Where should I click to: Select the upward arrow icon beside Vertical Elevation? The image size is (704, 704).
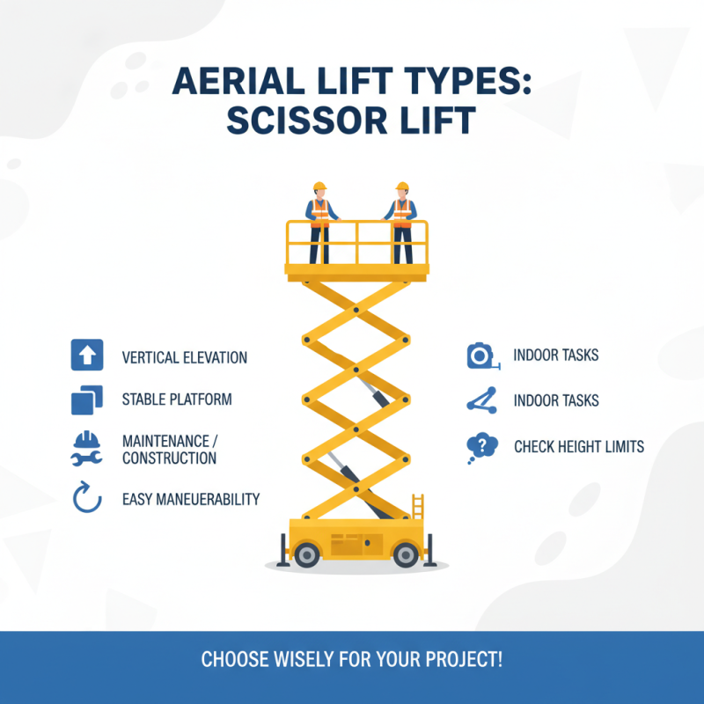86,355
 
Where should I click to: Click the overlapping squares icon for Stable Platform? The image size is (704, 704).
86,400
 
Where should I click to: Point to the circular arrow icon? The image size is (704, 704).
86,498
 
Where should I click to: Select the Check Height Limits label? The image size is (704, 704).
579,447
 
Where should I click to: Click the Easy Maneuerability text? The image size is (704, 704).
191,499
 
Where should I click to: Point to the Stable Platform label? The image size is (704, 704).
177,400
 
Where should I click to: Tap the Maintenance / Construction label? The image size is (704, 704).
169,448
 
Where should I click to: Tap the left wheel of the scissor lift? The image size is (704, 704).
306,554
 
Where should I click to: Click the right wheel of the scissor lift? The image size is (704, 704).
406,554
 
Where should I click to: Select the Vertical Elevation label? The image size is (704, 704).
185,358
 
